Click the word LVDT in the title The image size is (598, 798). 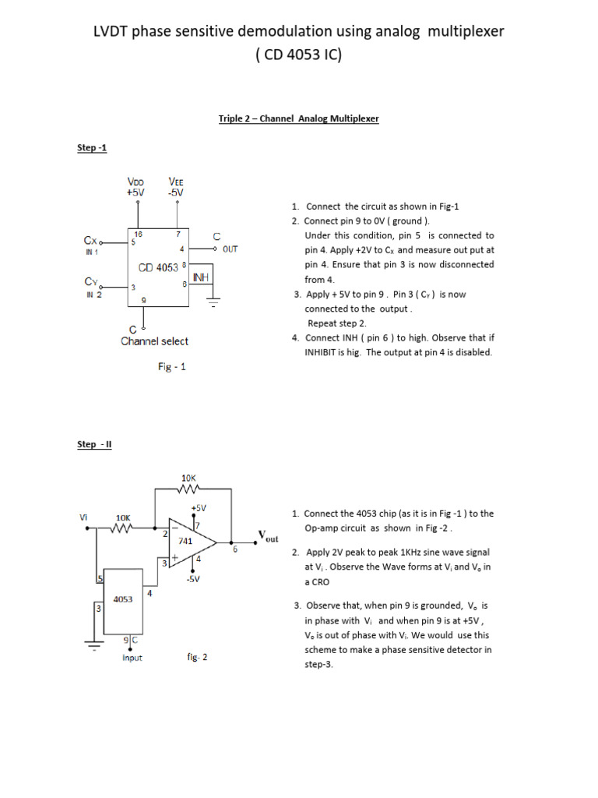pyautogui.click(x=114, y=31)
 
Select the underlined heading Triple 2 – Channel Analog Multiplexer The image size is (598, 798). pyautogui.click(x=298, y=118)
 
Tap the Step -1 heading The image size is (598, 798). pyautogui.click(x=91, y=147)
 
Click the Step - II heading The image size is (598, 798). pyautogui.click(x=94, y=444)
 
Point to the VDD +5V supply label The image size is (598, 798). pyautogui.click(x=137, y=187)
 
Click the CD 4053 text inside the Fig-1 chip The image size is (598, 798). pyautogui.click(x=158, y=268)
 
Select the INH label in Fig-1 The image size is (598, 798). pyautogui.click(x=200, y=277)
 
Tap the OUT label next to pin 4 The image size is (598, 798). pyautogui.click(x=230, y=249)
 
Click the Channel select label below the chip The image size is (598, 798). pyautogui.click(x=154, y=341)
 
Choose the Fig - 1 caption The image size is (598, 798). pyautogui.click(x=171, y=366)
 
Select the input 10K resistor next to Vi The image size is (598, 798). pyautogui.click(x=123, y=527)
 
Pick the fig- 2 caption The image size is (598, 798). pyautogui.click(x=196, y=657)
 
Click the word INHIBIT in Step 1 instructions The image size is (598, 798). pyautogui.click(x=323, y=352)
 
